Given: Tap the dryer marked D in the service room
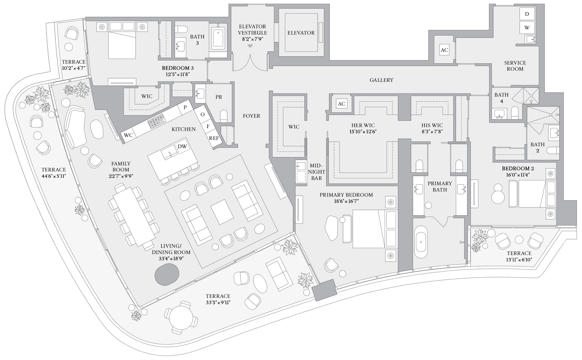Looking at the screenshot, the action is tap(527, 14).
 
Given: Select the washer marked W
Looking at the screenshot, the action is tap(527, 27).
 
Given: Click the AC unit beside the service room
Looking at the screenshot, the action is tap(444, 50).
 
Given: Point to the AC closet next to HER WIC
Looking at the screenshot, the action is tap(341, 104).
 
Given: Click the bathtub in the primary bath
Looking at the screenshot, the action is tap(420, 242).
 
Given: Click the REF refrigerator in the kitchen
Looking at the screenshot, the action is tap(214, 138).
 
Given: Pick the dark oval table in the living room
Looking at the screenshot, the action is tap(167, 274).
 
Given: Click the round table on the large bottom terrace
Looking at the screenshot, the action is tap(181, 319).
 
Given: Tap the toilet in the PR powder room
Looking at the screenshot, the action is tap(224, 116).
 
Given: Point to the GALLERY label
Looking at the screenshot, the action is tap(381, 80).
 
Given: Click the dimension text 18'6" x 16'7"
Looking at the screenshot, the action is tap(346, 201).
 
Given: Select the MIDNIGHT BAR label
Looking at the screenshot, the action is tap(316, 172).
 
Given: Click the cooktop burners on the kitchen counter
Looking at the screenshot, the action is tap(156, 121).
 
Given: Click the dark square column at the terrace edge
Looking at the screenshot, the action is tap(325, 291).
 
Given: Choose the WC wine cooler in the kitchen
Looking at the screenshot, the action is tap(128, 135).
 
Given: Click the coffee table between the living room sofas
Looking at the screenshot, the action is tap(222, 212).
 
